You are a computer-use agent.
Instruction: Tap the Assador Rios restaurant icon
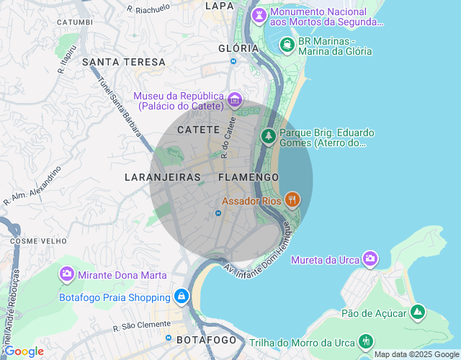(292, 199)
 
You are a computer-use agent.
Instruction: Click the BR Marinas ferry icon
(287, 45)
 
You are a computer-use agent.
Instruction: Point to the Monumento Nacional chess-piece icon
(259, 15)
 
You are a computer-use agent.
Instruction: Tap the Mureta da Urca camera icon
(370, 258)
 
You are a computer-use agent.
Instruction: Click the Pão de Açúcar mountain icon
(417, 312)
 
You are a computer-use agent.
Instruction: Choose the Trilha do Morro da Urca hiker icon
(367, 340)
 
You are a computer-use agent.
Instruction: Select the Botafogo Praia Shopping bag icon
(181, 296)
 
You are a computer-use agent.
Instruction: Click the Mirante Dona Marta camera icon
(67, 274)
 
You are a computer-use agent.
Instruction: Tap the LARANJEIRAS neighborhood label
(162, 176)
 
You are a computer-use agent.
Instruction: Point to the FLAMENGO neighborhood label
(248, 176)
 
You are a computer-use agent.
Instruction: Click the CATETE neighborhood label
(198, 130)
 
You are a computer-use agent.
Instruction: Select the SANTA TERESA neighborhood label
(124, 62)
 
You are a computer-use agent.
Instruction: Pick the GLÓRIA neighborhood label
(238, 48)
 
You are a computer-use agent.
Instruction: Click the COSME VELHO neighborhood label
(33, 240)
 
